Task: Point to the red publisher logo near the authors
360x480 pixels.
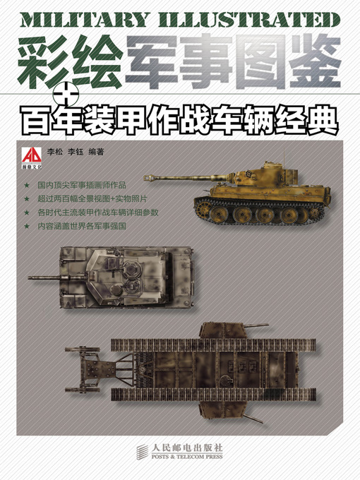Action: tap(32, 156)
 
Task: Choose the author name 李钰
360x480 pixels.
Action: tap(83, 150)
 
